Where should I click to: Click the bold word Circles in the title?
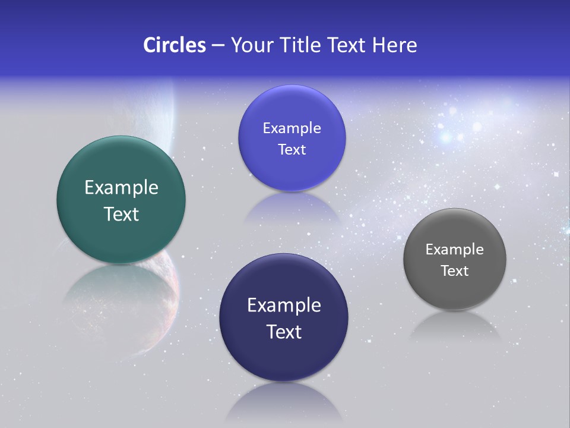click(x=174, y=45)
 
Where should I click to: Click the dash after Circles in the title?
click(x=217, y=46)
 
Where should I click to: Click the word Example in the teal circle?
click(x=121, y=188)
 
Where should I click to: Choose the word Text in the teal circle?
click(x=121, y=214)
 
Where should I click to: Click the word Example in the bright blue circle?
click(x=292, y=128)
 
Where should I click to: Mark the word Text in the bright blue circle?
click(x=292, y=150)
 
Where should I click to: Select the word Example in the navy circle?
click(x=284, y=306)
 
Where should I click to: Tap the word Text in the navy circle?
click(x=284, y=332)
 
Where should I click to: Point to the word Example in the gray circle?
click(x=454, y=250)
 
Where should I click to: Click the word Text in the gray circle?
click(x=455, y=271)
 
